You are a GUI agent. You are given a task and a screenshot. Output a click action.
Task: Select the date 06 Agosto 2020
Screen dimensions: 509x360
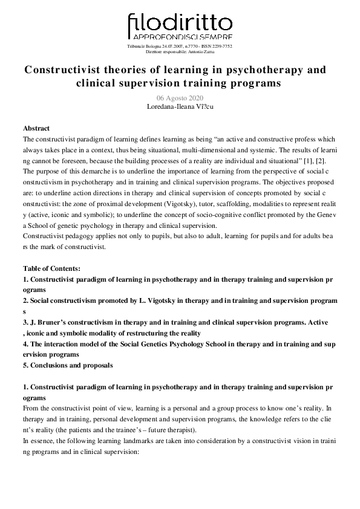point(180,99)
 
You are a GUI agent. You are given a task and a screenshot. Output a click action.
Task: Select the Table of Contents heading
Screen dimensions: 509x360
point(51,268)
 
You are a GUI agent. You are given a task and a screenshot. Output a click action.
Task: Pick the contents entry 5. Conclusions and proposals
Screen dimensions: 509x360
point(68,366)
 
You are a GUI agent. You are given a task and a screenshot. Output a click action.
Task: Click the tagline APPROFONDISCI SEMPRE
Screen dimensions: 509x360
point(180,38)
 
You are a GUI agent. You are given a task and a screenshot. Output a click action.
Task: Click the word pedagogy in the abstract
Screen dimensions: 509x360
point(80,236)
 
